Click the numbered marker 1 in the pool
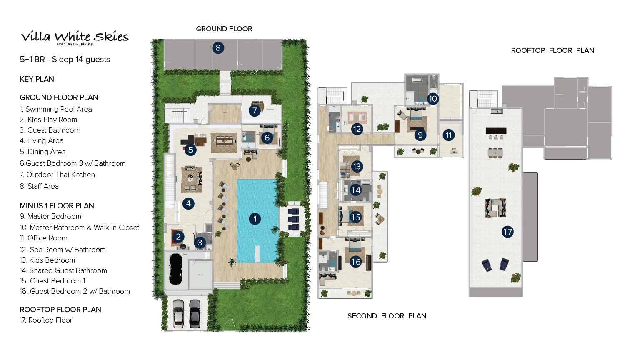pyautogui.click(x=255, y=219)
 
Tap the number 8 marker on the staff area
pyautogui.click(x=218, y=48)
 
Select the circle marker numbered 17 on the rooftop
pyautogui.click(x=507, y=232)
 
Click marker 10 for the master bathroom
pyautogui.click(x=433, y=99)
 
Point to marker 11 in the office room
pyautogui.click(x=449, y=135)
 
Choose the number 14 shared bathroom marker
pyautogui.click(x=355, y=190)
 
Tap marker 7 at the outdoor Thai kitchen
pyautogui.click(x=255, y=110)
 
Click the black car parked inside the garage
pyautogui.click(x=175, y=268)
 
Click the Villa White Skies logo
pyautogui.click(x=75, y=37)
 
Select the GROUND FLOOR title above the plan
pyautogui.click(x=224, y=29)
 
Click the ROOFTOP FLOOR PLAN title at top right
pyautogui.click(x=552, y=50)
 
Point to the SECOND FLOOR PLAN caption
pyautogui.click(x=387, y=316)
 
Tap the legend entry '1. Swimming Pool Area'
pyautogui.click(x=56, y=109)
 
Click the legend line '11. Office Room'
pyautogui.click(x=43, y=238)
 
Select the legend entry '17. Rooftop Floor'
pyautogui.click(x=46, y=320)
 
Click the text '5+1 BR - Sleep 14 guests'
pyautogui.click(x=65, y=59)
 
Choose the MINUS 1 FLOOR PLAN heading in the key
pyautogui.click(x=57, y=206)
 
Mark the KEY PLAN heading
pyautogui.click(x=37, y=79)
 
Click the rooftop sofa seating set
pyautogui.click(x=495, y=207)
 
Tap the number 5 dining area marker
pyautogui.click(x=190, y=150)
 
